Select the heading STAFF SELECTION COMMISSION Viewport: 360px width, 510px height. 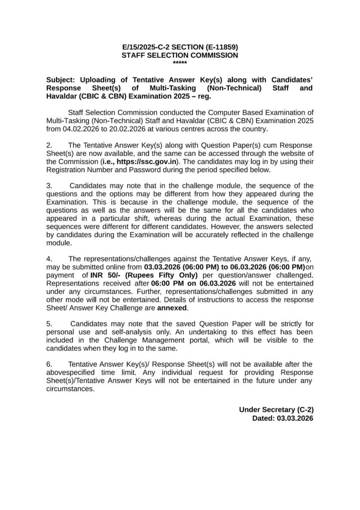(x=180, y=56)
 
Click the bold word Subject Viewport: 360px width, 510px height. (x=60, y=80)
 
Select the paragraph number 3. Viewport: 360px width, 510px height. (x=49, y=186)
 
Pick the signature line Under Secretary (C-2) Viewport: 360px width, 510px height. (x=276, y=410)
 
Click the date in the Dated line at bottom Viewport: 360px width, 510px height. (x=295, y=418)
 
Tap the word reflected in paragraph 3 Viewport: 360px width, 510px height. (x=265, y=235)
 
